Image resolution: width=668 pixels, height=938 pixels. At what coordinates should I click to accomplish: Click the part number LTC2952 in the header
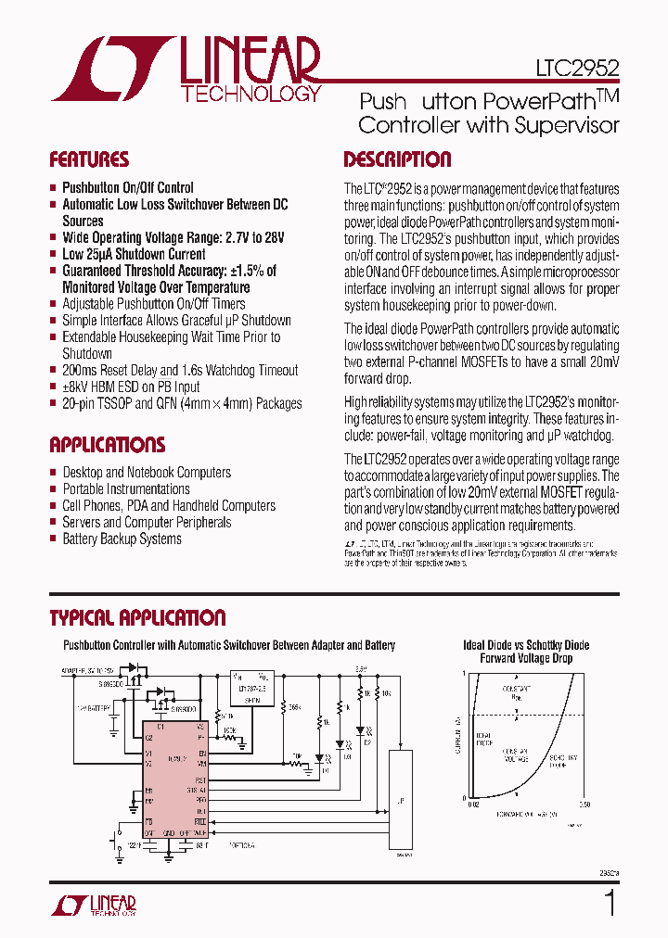coord(577,68)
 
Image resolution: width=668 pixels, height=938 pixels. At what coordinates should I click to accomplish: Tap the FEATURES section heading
coord(89,159)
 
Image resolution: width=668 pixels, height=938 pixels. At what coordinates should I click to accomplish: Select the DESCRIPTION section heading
coord(397,159)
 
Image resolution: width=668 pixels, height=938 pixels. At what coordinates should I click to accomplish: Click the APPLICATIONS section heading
coord(107,444)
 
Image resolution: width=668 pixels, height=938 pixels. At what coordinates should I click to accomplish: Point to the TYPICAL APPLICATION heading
coord(137,618)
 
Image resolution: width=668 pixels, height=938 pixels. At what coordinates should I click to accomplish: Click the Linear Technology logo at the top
coord(186,70)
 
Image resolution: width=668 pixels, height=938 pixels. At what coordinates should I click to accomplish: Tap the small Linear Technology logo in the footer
coord(93,906)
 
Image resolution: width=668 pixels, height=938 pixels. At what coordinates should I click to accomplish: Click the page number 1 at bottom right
coord(610,903)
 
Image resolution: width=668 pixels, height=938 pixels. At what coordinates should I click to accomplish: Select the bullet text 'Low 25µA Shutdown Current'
coord(134,254)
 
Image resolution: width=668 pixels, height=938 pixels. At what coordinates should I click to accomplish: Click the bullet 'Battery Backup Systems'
coord(122,539)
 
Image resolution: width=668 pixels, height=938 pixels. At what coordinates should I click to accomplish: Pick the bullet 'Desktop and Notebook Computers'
coord(147,472)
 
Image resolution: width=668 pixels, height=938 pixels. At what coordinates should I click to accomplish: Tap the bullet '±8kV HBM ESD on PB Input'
coord(131,387)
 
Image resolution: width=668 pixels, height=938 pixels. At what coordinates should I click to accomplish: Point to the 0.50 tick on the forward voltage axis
coord(584,804)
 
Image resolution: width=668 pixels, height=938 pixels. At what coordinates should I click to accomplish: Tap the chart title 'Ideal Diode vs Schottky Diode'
coord(525,645)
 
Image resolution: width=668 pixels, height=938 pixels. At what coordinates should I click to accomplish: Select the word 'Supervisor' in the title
coord(571,125)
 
